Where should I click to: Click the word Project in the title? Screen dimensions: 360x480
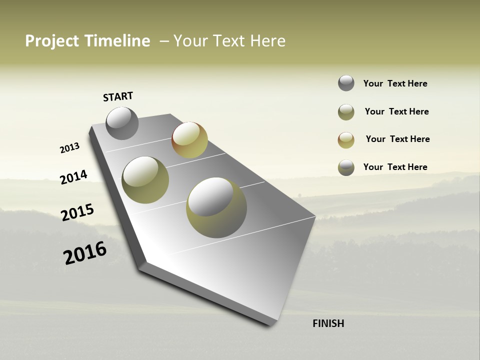pyautogui.click(x=52, y=41)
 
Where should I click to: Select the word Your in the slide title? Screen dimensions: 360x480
pyautogui.click(x=189, y=41)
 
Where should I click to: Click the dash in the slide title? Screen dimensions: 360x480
pyautogui.click(x=164, y=41)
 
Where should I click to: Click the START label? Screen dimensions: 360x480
pyautogui.click(x=118, y=96)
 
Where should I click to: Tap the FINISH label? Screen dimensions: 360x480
pyautogui.click(x=328, y=323)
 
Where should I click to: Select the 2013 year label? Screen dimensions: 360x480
pyautogui.click(x=69, y=148)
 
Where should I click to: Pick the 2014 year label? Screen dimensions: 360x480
pyautogui.click(x=73, y=177)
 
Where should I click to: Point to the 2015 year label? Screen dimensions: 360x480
pyautogui.click(x=77, y=212)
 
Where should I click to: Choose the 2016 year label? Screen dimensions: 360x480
pyautogui.click(x=85, y=252)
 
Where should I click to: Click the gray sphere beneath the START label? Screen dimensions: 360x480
pyautogui.click(x=122, y=123)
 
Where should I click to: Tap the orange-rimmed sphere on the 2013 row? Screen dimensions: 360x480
pyautogui.click(x=189, y=140)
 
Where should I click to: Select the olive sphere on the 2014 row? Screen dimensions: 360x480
pyautogui.click(x=145, y=180)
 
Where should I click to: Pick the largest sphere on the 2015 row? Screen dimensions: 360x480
pyautogui.click(x=216, y=207)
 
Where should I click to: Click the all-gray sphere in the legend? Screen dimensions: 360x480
pyautogui.click(x=346, y=83)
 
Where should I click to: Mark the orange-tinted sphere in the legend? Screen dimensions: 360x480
pyautogui.click(x=346, y=140)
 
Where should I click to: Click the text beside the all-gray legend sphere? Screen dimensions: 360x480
pyautogui.click(x=395, y=84)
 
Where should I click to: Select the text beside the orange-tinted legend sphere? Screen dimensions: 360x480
pyautogui.click(x=397, y=139)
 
